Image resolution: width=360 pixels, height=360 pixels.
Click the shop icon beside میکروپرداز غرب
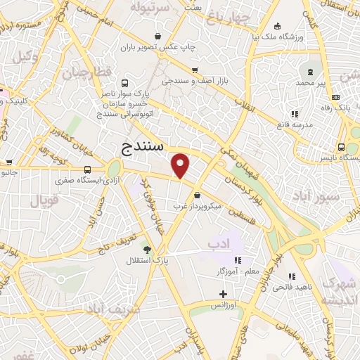tap(198, 195)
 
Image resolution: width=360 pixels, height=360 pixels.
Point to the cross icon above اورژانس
tap(224, 293)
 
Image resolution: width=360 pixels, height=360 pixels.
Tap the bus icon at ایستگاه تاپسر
tap(341, 147)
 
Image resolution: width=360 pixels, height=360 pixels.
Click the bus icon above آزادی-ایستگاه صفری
tap(88, 169)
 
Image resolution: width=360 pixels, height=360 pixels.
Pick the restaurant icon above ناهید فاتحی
tap(292, 276)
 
